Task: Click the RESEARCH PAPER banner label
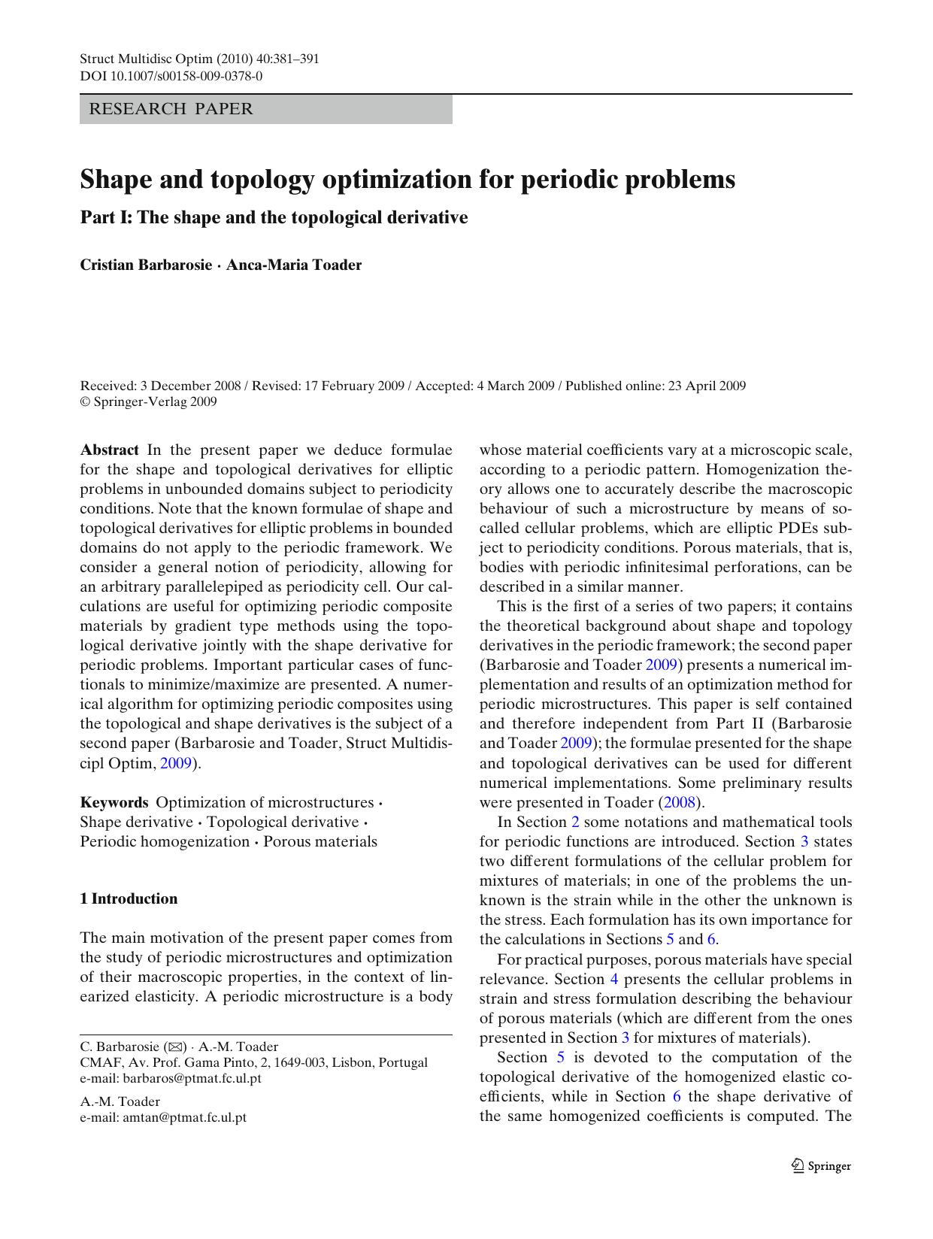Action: click(171, 109)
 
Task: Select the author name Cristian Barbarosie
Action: click(146, 265)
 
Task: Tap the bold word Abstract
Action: click(109, 450)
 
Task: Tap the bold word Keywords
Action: click(114, 802)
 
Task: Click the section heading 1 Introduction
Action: click(129, 898)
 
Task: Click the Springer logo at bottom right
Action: click(822, 1166)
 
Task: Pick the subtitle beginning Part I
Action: click(274, 217)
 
